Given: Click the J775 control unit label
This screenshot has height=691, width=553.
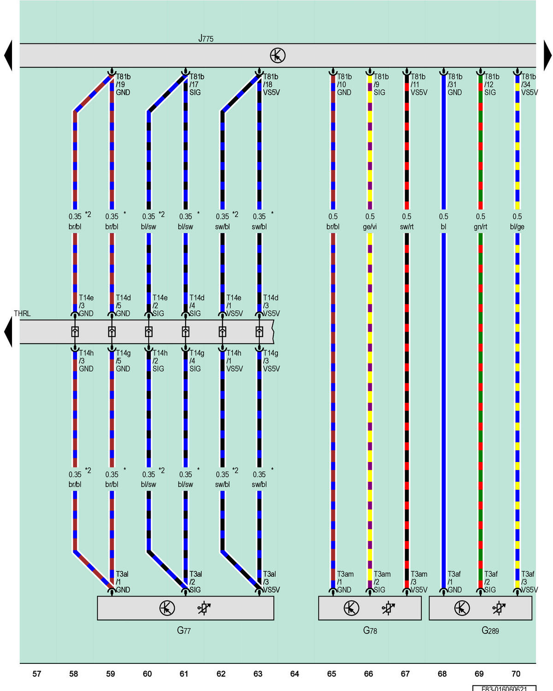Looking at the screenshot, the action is pos(206,39).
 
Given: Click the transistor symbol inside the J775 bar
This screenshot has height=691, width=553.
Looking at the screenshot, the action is pos(277,55).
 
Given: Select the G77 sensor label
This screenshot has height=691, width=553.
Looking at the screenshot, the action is pos(184,630).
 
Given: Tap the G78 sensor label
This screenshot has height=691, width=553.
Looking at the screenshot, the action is pos(370,630).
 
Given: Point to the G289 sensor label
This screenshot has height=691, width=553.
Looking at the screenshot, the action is pos(490,630).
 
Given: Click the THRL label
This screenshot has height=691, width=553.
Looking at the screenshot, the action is pos(22,313).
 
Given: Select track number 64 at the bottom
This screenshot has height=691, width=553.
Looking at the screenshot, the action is pos(294,673).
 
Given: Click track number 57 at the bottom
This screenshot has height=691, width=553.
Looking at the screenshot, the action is pos(37,673).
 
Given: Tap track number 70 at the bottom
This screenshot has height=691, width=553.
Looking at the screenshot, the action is pos(516,673).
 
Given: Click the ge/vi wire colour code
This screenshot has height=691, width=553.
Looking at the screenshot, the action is pos(370,227).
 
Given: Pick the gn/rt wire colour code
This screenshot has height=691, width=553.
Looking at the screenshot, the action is pos(480,227).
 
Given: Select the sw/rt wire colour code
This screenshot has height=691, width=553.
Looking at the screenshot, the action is pos(407,227).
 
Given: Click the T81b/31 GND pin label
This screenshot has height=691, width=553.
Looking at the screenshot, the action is pos(455,84).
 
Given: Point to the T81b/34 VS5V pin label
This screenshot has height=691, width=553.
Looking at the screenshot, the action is pos(529,84).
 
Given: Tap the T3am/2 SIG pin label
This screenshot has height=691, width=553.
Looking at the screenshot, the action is pos(382,581).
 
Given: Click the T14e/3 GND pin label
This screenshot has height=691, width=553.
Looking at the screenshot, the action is pos(86,305).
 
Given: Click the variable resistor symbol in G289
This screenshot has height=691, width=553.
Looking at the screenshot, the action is pos(499,608).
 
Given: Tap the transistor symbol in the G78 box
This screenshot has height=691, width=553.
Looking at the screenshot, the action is pos(351,608).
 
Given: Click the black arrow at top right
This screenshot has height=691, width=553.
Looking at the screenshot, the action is pos(547,55).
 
